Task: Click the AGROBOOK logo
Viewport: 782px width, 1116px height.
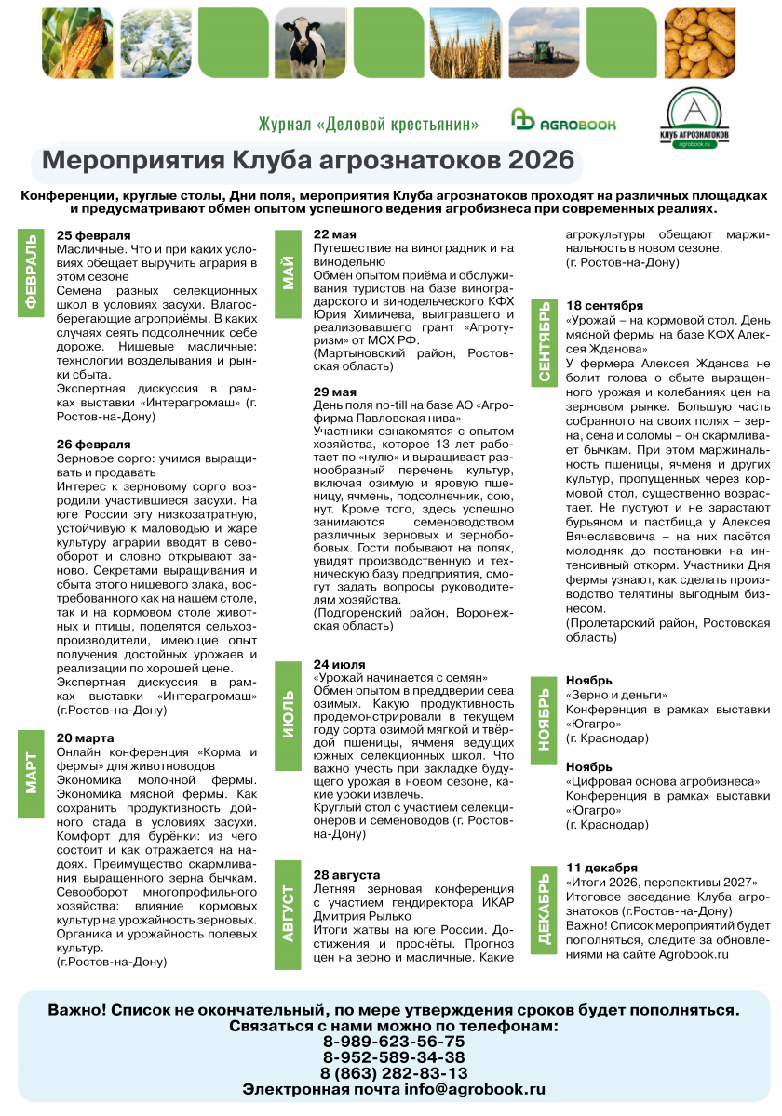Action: pyautogui.click(x=564, y=121)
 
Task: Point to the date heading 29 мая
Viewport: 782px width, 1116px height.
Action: pyautogui.click(x=335, y=392)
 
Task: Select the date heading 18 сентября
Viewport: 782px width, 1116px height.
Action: pyautogui.click(x=605, y=305)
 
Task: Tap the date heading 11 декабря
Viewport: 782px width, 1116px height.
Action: pyautogui.click(x=602, y=868)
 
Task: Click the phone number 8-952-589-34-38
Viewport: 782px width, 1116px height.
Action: pyautogui.click(x=394, y=1056)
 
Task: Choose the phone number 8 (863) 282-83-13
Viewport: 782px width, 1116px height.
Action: pyautogui.click(x=394, y=1072)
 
